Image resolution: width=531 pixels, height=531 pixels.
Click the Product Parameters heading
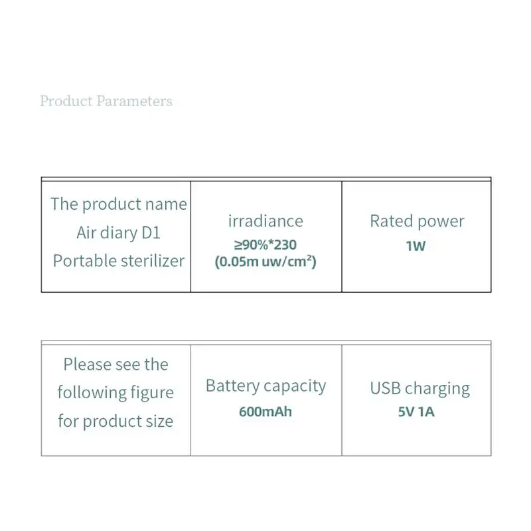106,102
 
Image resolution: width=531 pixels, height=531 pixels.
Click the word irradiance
265,221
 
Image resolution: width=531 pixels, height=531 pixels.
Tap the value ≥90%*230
265,245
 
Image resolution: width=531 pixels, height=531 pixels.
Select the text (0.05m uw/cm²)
265,262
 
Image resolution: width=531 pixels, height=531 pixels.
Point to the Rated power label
417,221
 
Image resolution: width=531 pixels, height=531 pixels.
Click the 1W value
416,246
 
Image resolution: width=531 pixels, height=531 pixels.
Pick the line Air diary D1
118,233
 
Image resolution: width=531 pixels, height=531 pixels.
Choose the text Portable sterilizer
118,261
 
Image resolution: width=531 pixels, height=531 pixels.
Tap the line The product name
118,204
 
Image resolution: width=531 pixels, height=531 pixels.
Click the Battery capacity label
265,386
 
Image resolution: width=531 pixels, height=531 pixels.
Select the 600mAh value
265,412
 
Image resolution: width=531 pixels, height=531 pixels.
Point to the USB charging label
419,388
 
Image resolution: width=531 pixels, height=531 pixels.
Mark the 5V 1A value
416,412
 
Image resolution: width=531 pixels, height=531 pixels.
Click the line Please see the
115,364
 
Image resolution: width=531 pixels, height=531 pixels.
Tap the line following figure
115,393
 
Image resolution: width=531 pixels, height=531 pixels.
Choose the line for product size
115,421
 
